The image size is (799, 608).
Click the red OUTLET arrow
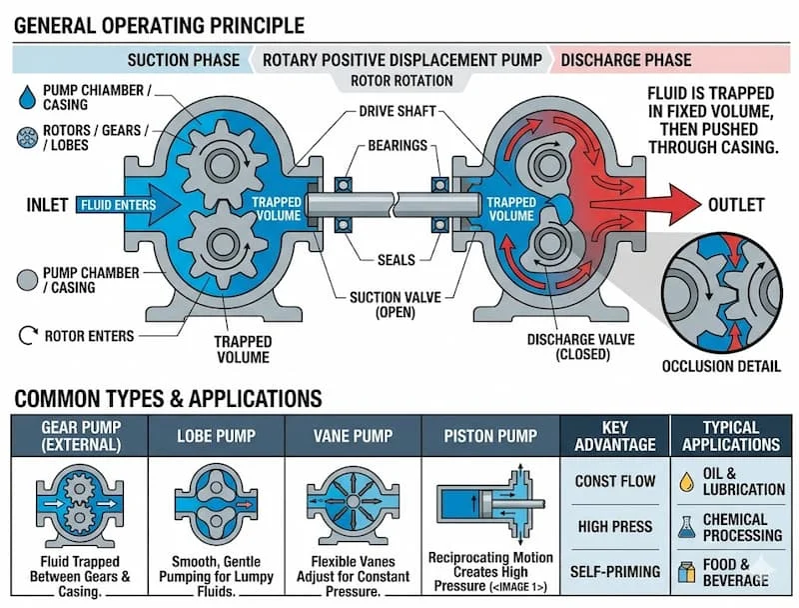click(649, 205)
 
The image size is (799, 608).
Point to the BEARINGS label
click(398, 145)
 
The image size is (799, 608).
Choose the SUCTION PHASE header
click(183, 60)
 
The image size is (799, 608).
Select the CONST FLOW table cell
click(615, 482)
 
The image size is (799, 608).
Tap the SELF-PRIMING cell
click(615, 571)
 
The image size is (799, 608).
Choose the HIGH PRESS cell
click(615, 526)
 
